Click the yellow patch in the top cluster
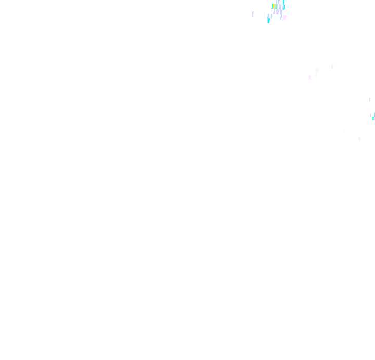(x=273, y=6)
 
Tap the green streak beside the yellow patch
(x=276, y=7)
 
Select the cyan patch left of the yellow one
(x=272, y=6)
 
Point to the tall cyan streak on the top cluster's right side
(x=284, y=6)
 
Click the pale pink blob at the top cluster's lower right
(x=284, y=17)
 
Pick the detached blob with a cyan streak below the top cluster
(x=269, y=18)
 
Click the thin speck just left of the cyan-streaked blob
(x=265, y=16)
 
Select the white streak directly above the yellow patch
(x=273, y=2)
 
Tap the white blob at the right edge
(x=371, y=111)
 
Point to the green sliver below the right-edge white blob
(x=372, y=118)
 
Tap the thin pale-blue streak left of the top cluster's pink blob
(x=281, y=17)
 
